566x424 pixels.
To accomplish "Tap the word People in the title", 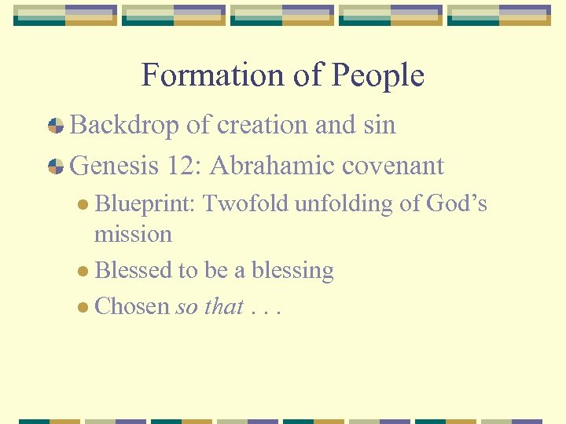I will click(378, 75).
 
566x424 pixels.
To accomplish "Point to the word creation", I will click(253, 125).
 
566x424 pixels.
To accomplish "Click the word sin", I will click(379, 125).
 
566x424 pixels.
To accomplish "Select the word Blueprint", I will click(145, 204).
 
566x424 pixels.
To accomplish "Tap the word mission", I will click(133, 234).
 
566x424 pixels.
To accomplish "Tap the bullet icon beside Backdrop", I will click(56, 126).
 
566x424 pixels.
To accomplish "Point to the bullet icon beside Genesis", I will click(56, 166).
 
